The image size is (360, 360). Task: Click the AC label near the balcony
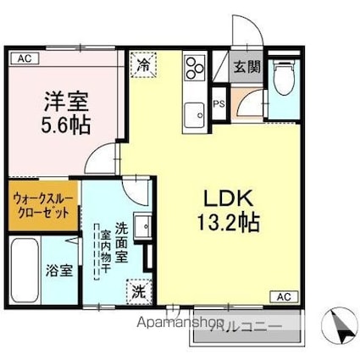pos(284,296)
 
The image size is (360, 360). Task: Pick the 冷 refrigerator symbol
pos(143,64)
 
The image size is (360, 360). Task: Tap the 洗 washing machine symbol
pos(137,291)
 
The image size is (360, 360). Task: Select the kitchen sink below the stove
pos(196,111)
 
